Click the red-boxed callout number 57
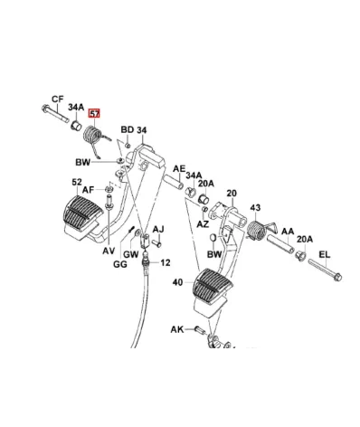[94, 114]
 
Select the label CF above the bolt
[58, 100]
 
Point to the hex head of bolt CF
[44, 108]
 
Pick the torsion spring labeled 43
[257, 231]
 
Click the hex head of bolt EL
[337, 277]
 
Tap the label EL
[325, 255]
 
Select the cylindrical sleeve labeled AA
[280, 244]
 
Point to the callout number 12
[166, 262]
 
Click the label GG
[120, 264]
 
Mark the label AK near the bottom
[177, 329]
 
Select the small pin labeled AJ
[156, 242]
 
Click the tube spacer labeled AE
[174, 183]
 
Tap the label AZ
[203, 224]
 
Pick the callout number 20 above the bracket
[232, 194]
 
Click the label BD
[128, 129]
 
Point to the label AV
[109, 251]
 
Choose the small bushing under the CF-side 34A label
[75, 125]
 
